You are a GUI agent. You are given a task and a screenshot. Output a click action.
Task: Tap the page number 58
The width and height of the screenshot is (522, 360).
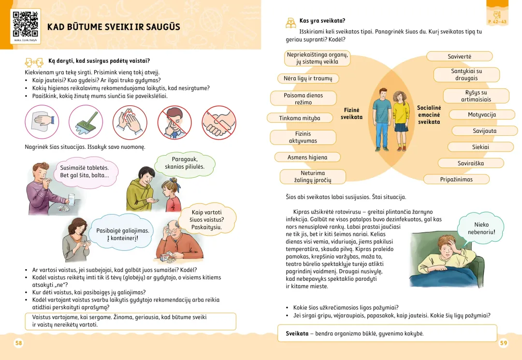click(x=18, y=343)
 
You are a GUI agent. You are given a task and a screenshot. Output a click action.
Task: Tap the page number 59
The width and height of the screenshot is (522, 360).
click(x=503, y=343)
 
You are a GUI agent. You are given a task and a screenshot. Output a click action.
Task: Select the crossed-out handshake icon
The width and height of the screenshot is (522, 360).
click(x=219, y=123)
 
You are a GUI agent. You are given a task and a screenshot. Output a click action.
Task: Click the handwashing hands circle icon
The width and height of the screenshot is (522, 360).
click(x=130, y=123)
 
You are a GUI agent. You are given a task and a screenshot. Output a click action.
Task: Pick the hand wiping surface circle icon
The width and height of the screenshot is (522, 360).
click(x=42, y=123)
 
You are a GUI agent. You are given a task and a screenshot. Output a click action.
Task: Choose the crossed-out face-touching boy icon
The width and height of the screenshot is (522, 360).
click(x=174, y=123)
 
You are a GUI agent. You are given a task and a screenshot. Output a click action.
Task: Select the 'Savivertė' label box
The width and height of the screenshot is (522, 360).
click(x=459, y=57)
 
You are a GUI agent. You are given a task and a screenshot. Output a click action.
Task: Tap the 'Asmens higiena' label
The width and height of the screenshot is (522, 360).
click(x=307, y=157)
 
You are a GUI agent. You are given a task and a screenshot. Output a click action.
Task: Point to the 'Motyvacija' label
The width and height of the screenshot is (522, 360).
click(x=482, y=115)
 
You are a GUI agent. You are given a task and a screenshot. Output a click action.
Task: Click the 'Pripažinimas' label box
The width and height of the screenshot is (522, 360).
click(x=456, y=179)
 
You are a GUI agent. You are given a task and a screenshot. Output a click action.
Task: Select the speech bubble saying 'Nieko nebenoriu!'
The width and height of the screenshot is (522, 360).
click(x=481, y=229)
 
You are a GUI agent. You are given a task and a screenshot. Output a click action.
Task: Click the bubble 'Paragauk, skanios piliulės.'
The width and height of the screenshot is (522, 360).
click(x=185, y=163)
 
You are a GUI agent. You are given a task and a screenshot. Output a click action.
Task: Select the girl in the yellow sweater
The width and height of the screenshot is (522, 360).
click(x=400, y=118)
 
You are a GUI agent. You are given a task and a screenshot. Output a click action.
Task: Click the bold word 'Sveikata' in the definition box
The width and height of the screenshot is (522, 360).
click(x=297, y=333)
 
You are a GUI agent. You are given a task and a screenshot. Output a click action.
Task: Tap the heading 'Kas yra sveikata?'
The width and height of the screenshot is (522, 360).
click(x=322, y=21)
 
